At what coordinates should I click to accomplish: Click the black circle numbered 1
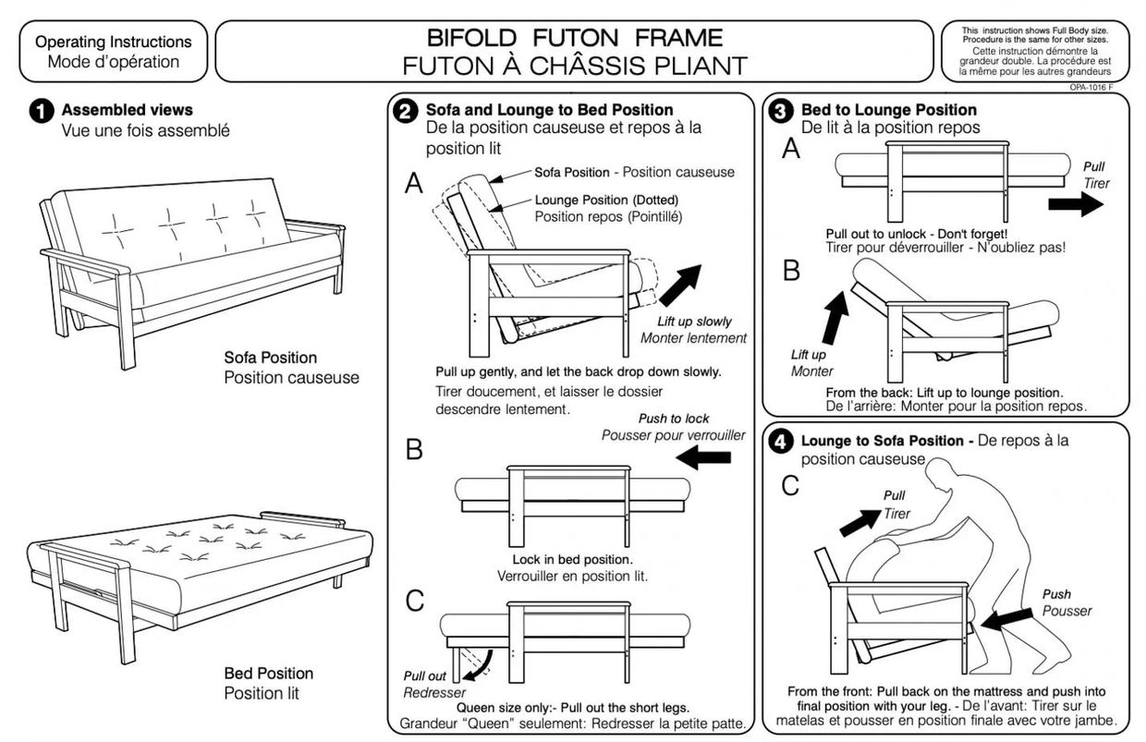pos(41,112)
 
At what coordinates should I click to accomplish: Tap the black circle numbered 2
pos(405,112)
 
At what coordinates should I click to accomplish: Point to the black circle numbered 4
pos(781,443)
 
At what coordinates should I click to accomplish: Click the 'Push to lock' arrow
pos(703,456)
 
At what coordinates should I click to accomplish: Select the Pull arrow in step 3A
pos(1076,205)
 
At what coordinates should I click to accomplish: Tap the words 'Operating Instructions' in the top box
pos(114,42)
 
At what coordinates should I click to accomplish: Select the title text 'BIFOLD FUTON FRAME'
pos(574,39)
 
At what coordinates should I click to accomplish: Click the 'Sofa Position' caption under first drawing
pos(270,358)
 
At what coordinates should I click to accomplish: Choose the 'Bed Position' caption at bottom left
pos(268,673)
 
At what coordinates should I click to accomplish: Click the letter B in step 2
pos(414,449)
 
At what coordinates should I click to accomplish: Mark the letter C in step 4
pos(790,485)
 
